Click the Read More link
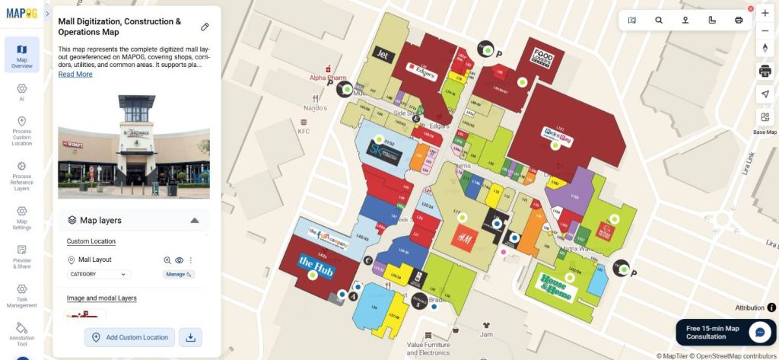coord(75,75)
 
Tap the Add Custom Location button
coord(129,337)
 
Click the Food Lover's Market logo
coord(542,58)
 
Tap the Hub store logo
coord(315,266)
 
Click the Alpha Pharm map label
coord(328,78)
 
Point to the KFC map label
coord(304,132)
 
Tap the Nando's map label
coord(315,108)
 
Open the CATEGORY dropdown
coord(99,274)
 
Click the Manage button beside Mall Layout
coord(178,274)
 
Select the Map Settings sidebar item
coord(21,217)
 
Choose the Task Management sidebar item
coord(21,295)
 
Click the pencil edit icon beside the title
coord(205,27)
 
